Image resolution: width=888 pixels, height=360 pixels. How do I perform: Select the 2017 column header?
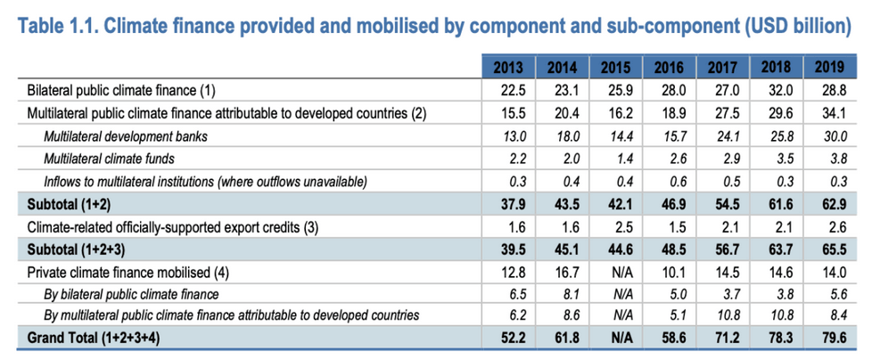coord(723,68)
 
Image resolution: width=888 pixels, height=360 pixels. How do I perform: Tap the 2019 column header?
coord(830,68)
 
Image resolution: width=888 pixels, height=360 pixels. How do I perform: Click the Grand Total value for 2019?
coord(830,337)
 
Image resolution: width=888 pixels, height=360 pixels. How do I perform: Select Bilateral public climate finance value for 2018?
coord(777,90)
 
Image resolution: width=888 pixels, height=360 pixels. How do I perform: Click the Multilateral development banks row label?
coord(119,135)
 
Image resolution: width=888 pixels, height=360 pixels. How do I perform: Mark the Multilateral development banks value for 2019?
coord(830,135)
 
